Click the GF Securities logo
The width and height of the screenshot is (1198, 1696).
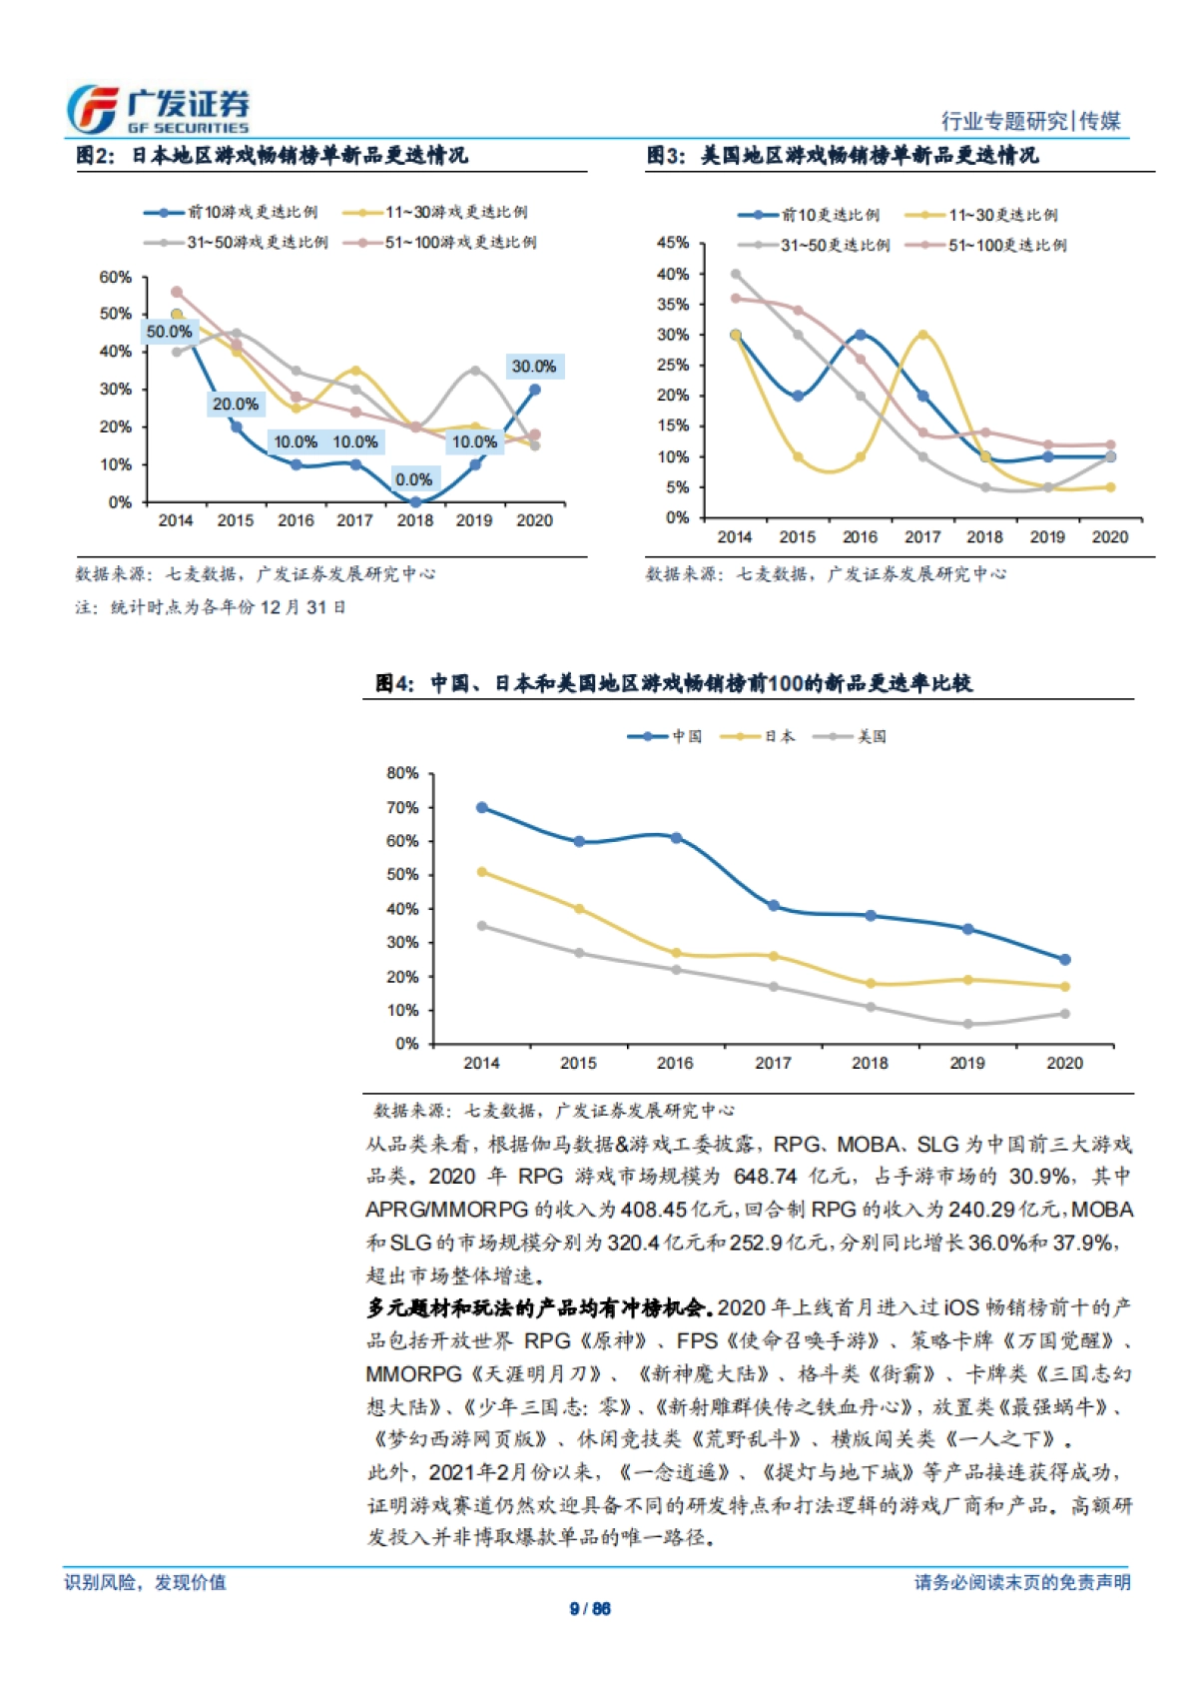click(x=158, y=110)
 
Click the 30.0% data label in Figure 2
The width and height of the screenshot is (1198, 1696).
click(x=534, y=367)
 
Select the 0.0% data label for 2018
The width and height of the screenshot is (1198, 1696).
click(x=413, y=479)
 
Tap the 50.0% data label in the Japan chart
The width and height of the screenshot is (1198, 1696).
click(x=169, y=332)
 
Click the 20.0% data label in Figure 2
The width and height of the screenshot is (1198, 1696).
click(x=236, y=405)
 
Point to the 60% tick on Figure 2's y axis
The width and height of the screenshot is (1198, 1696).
click(x=116, y=277)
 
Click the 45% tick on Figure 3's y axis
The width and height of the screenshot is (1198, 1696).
click(x=673, y=243)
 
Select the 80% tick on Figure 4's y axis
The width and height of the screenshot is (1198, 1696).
click(x=402, y=773)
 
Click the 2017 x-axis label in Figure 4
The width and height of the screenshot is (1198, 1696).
click(x=773, y=1063)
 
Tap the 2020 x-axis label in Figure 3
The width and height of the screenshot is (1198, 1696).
click(x=1109, y=536)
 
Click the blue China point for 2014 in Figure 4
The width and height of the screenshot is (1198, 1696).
click(x=482, y=807)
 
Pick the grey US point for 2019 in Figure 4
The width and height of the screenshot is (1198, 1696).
click(x=967, y=1024)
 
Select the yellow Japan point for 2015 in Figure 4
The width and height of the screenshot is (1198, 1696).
click(x=579, y=909)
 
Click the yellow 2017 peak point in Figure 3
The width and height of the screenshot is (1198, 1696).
click(x=922, y=336)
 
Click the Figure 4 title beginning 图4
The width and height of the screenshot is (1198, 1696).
click(x=674, y=683)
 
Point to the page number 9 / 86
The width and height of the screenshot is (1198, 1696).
click(x=590, y=1608)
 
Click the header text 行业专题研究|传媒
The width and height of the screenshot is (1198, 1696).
click(x=1030, y=121)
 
